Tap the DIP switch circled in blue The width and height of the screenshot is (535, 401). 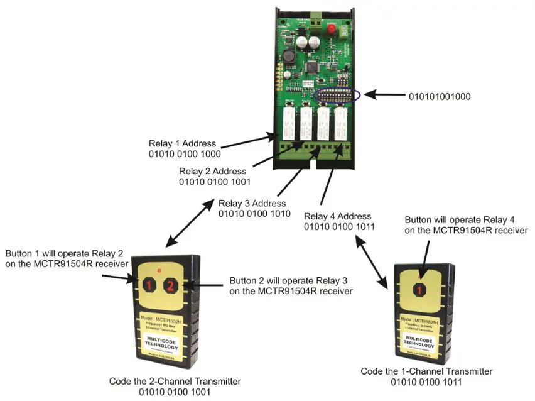[338, 96]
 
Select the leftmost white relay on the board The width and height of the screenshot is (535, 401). [289, 124]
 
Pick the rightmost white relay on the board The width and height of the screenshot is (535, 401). [339, 124]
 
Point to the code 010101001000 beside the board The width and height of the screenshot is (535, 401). [440, 97]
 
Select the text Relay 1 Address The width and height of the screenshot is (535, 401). [182, 143]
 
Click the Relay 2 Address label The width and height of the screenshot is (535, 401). [213, 171]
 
